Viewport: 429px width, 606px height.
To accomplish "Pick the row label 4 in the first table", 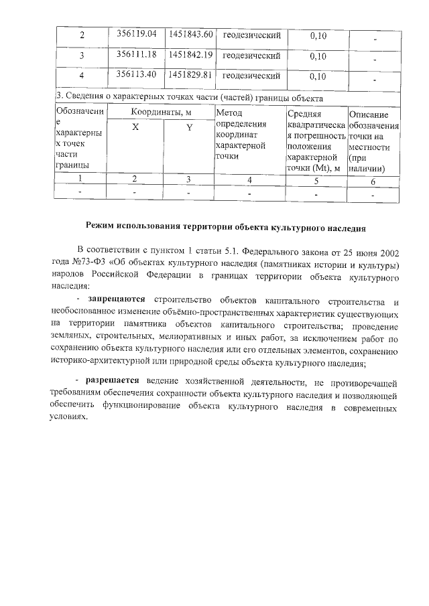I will click(82, 75).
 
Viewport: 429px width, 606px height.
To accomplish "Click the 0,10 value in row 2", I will click(318, 35).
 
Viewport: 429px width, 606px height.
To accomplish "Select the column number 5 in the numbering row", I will click(317, 180).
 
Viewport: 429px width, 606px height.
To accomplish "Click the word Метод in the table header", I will click(229, 114).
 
